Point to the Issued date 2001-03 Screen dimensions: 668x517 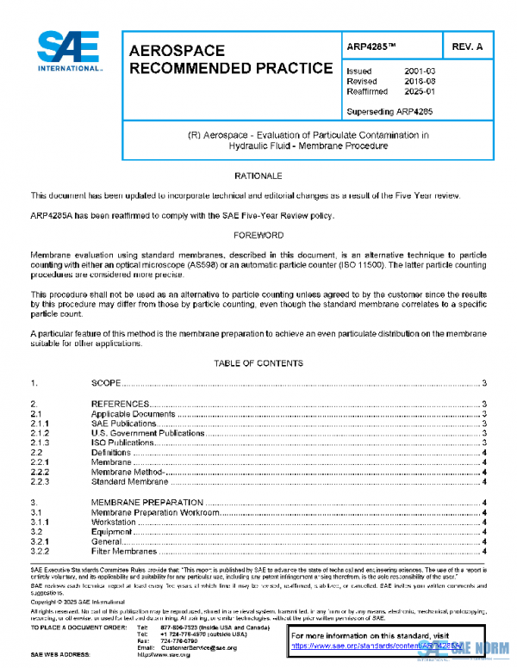pyautogui.click(x=420, y=71)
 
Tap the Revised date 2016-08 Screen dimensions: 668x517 pyautogui.click(x=420, y=82)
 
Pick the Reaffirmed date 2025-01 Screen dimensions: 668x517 pyautogui.click(x=420, y=92)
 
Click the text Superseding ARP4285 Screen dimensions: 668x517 pyautogui.click(x=389, y=111)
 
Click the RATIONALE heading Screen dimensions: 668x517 pyautogui.click(x=258, y=176)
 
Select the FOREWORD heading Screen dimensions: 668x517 pyautogui.click(x=258, y=235)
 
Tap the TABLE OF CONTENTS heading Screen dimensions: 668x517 pyautogui.click(x=258, y=364)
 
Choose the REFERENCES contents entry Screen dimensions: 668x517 pyautogui.click(x=120, y=404)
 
